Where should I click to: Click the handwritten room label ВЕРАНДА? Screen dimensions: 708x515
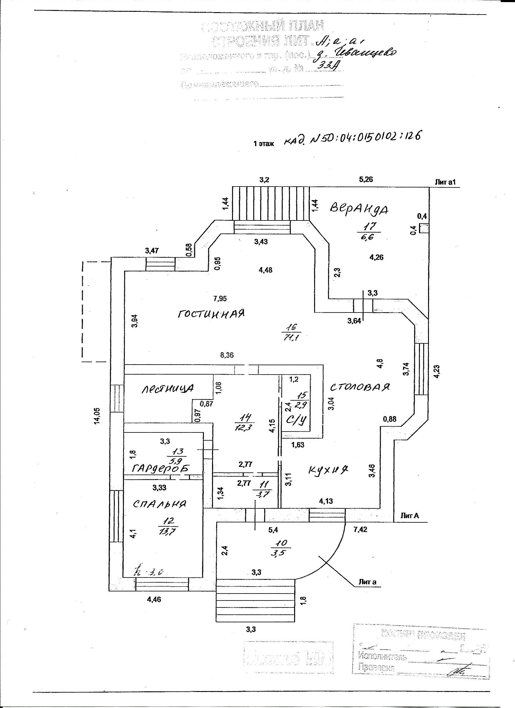[359, 209]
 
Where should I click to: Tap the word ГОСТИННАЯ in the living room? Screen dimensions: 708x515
[211, 313]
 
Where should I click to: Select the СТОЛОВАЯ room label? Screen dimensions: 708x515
[360, 387]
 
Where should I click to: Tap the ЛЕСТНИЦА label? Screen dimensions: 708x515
[168, 388]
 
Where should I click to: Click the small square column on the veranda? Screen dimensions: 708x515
[423, 229]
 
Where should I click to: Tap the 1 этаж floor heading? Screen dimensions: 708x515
[264, 144]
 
